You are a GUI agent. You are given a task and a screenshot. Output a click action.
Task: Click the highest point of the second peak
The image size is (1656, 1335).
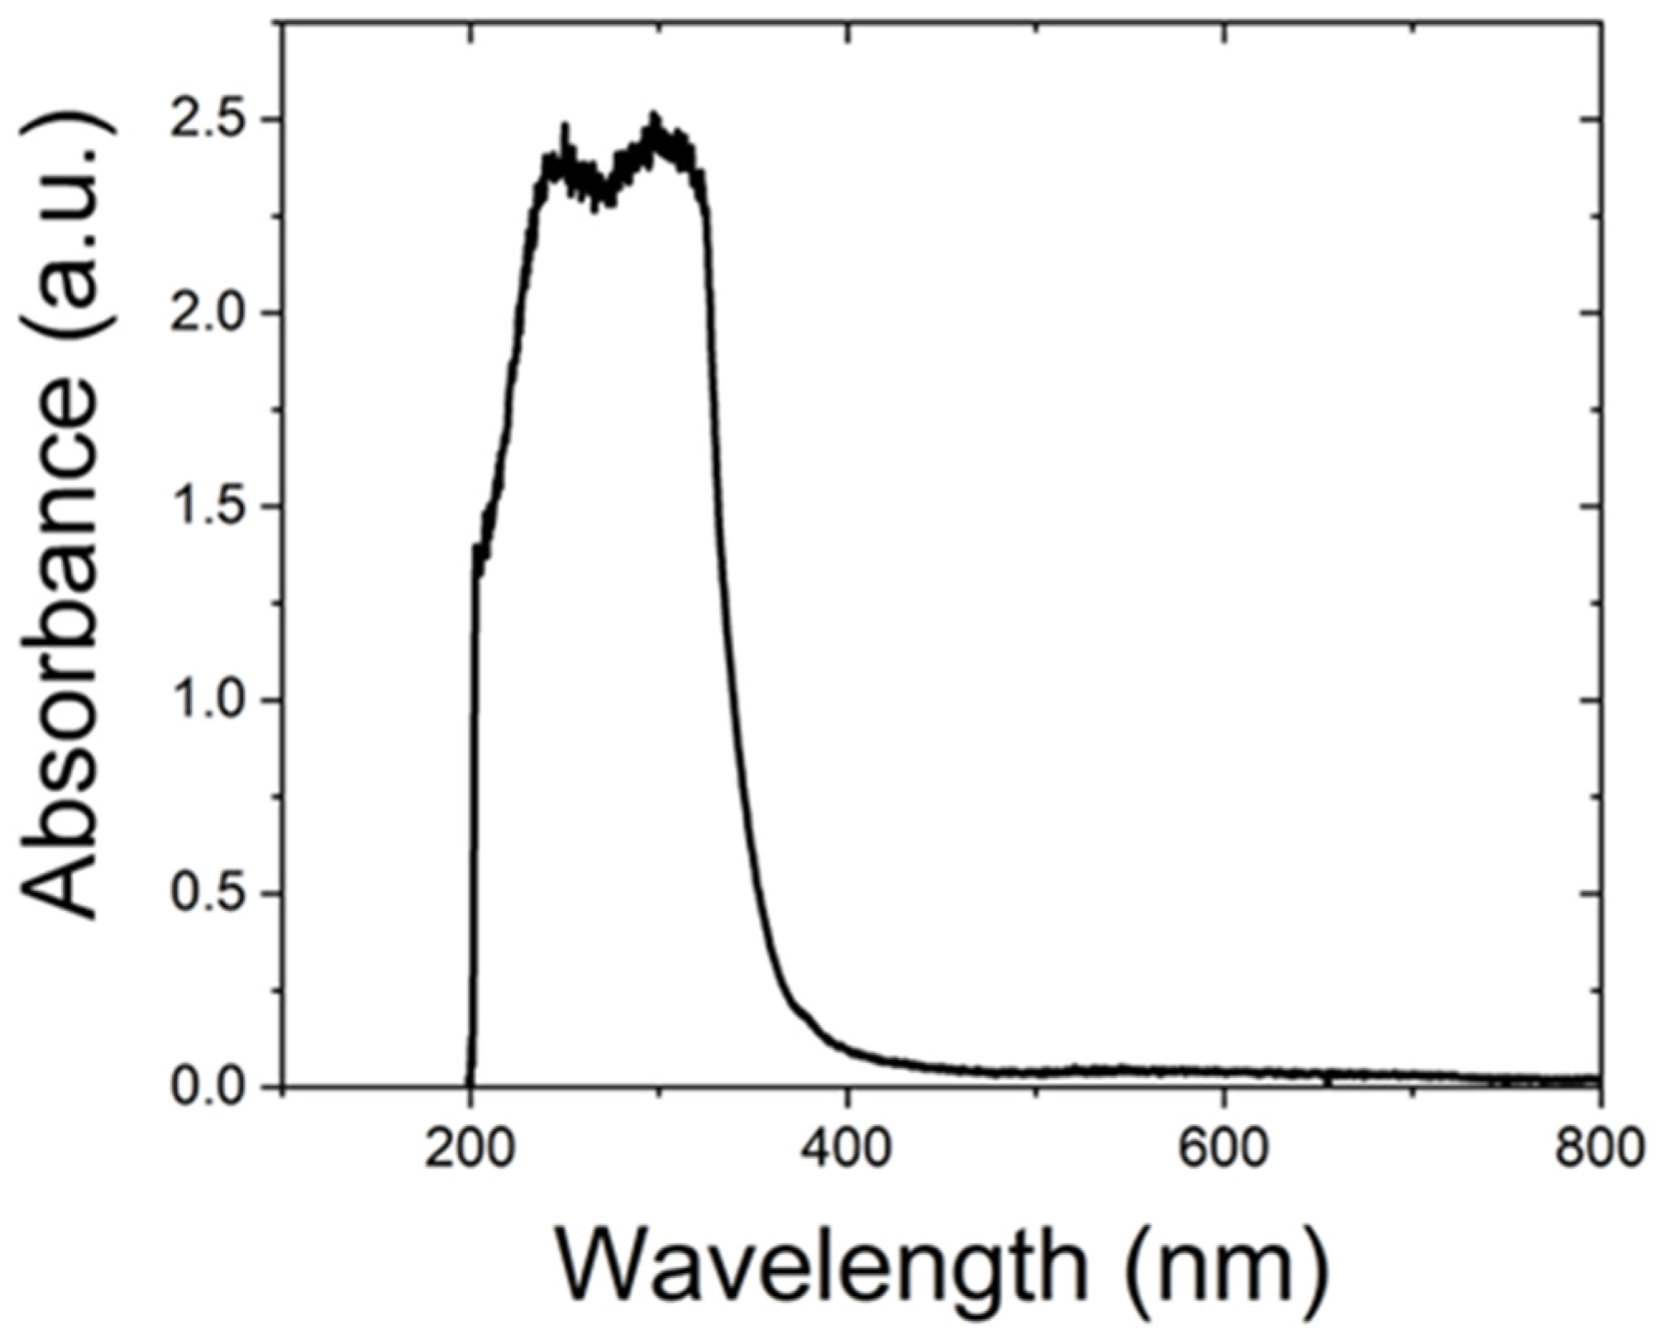point(654,117)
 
